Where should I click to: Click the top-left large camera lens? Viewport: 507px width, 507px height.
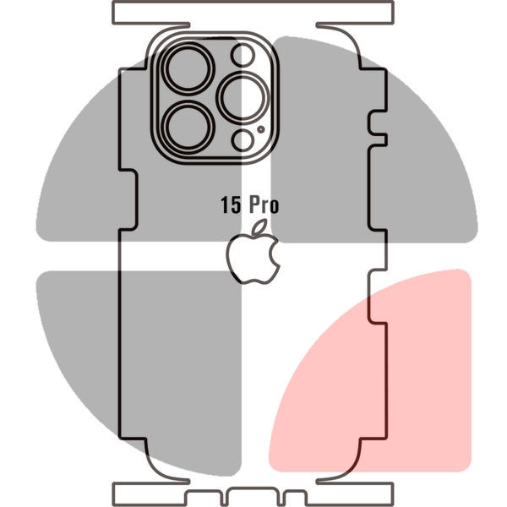click(x=188, y=68)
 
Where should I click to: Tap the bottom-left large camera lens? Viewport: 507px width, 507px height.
click(x=188, y=127)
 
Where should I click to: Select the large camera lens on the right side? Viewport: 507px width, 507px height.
click(x=243, y=98)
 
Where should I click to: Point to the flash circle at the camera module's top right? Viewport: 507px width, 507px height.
click(x=243, y=55)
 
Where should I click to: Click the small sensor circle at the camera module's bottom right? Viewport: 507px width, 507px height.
click(x=243, y=140)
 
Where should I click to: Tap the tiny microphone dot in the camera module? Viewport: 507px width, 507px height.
click(x=261, y=129)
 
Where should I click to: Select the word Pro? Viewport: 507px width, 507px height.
click(x=264, y=205)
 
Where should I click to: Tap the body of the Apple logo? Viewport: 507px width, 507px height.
click(x=251, y=259)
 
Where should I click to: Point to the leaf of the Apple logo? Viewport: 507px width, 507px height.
click(x=259, y=226)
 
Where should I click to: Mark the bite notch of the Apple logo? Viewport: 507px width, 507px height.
click(x=275, y=253)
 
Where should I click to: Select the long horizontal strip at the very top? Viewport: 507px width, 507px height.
click(x=253, y=13)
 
